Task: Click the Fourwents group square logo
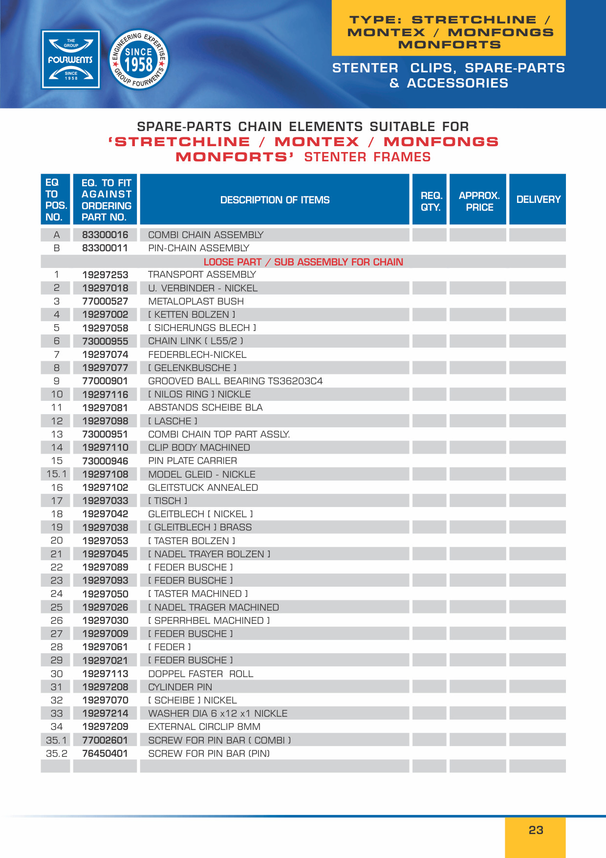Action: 71,60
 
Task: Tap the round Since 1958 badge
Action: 139,60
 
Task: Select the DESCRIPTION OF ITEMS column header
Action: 275,200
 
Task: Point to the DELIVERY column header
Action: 538,199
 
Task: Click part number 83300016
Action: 105,235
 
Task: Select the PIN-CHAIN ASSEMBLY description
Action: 198,248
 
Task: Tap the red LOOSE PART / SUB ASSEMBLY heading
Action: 303,262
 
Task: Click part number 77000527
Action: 105,302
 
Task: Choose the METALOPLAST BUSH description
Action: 195,302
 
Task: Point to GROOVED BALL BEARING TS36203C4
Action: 235,381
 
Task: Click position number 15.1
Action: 56,474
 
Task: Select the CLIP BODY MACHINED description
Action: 199,448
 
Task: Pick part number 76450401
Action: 105,754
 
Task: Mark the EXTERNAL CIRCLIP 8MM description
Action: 204,727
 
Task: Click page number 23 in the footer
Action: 536,830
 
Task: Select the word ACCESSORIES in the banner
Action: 457,84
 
